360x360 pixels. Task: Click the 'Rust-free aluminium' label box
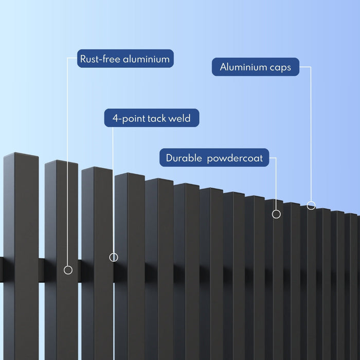[x=125, y=59]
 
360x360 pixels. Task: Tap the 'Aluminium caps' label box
[x=256, y=67]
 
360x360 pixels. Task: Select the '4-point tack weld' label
[x=152, y=118]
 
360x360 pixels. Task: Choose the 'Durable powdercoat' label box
[x=214, y=157]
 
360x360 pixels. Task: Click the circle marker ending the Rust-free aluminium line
[x=68, y=270]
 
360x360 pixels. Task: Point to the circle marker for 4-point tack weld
[x=114, y=257]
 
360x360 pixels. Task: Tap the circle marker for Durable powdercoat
[x=276, y=214]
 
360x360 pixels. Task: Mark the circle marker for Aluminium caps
[x=311, y=205]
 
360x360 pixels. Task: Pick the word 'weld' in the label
[x=179, y=118]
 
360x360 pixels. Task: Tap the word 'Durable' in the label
[x=184, y=158]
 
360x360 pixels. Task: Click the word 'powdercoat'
[x=235, y=158]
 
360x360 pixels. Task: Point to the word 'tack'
[x=157, y=118]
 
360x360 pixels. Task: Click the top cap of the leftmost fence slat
[x=21, y=155]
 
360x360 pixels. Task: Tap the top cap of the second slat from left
[x=61, y=163]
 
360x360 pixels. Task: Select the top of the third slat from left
[x=97, y=169]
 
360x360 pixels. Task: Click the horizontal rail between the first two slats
[x=42, y=271]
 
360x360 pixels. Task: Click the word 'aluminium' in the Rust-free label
[x=146, y=59]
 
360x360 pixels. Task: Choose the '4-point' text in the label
[x=129, y=119]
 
